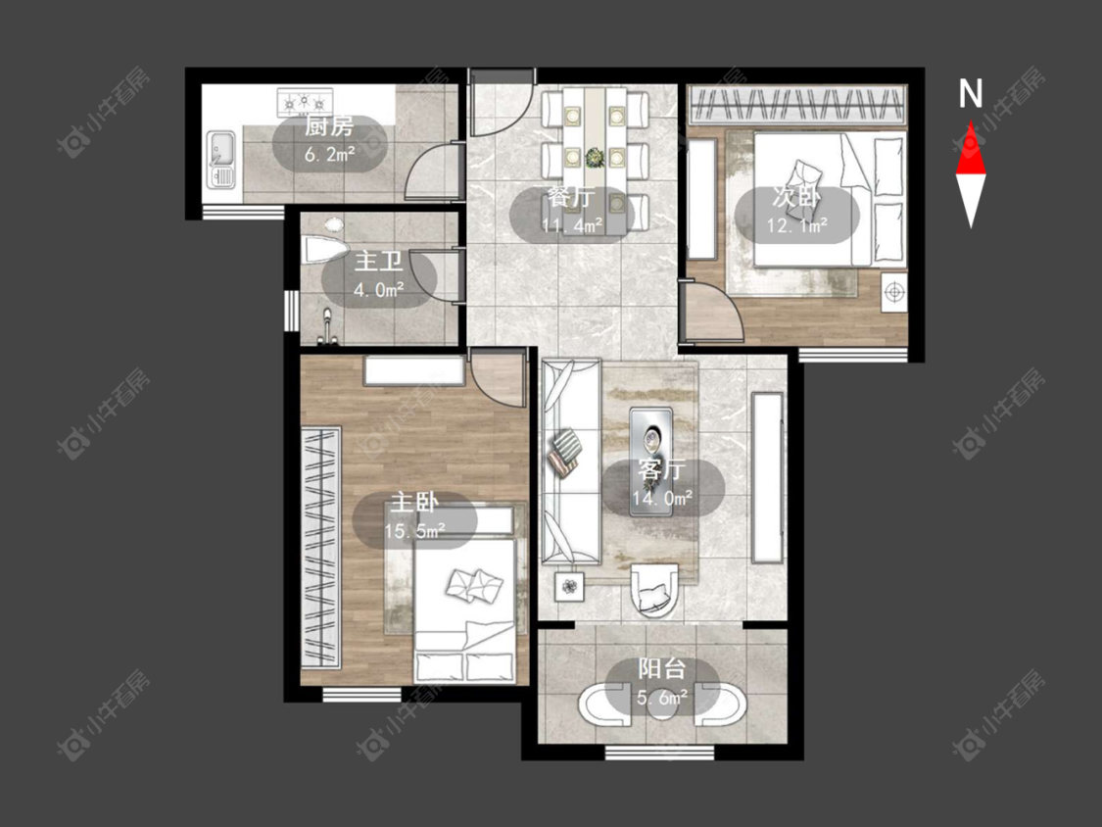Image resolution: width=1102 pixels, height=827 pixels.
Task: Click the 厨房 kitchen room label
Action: click(x=329, y=127)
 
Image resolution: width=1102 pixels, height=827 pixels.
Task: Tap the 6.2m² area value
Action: click(x=329, y=154)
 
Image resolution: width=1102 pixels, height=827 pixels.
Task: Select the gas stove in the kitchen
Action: click(x=305, y=103)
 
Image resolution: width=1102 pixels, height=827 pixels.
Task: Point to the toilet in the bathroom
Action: click(x=324, y=250)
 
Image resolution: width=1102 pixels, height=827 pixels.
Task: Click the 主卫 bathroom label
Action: click(x=379, y=261)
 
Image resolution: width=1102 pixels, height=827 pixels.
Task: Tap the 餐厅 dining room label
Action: click(x=571, y=197)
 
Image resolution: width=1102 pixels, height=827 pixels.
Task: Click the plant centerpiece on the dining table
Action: click(x=596, y=156)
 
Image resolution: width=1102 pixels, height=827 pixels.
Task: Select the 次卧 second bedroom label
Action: click(x=796, y=197)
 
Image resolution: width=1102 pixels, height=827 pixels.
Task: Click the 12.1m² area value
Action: click(x=797, y=225)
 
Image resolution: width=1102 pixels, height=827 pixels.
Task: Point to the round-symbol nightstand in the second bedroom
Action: click(x=894, y=291)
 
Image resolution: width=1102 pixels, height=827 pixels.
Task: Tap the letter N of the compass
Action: click(x=971, y=93)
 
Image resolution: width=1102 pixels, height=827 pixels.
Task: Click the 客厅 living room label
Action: click(x=661, y=469)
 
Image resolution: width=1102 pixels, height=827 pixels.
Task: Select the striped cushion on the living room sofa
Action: click(x=566, y=444)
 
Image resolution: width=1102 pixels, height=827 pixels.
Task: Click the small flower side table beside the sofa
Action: click(x=569, y=586)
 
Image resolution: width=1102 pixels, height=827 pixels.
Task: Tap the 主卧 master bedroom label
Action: click(x=414, y=503)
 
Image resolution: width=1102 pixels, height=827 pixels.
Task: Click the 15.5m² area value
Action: click(x=414, y=531)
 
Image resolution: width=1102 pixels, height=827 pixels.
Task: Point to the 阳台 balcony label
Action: click(x=661, y=668)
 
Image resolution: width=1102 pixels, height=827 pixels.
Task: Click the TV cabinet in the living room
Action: click(x=767, y=477)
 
